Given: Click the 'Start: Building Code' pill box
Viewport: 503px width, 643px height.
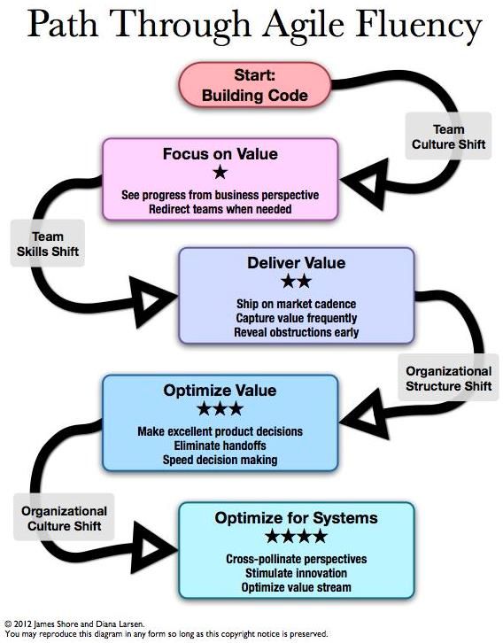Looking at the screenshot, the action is click(x=254, y=85).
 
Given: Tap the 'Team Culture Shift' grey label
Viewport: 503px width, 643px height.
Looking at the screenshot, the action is click(x=448, y=136).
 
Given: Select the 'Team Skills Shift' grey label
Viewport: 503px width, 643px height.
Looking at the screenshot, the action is click(x=48, y=244).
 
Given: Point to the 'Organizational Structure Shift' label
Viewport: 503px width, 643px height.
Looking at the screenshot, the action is click(x=448, y=377).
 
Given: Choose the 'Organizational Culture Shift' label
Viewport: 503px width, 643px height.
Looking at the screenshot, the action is click(x=64, y=518).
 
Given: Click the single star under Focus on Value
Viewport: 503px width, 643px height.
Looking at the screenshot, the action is click(x=221, y=172).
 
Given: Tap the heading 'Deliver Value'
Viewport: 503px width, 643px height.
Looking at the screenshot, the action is click(x=296, y=263).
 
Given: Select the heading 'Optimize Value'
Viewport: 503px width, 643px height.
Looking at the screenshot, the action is click(x=220, y=390).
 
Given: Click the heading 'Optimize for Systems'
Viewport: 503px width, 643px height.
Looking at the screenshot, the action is click(x=296, y=517).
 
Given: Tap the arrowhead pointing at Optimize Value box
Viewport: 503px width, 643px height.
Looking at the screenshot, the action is click(x=364, y=414).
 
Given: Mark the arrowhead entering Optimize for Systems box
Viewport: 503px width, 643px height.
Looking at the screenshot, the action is click(x=154, y=547).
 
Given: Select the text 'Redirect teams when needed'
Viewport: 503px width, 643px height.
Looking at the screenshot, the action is click(x=221, y=209).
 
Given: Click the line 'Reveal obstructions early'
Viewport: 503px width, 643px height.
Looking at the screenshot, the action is click(x=296, y=332).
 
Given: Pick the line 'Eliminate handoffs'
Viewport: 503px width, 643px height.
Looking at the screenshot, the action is click(x=220, y=445).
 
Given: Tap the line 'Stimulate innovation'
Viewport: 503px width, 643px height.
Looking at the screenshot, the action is click(x=296, y=573).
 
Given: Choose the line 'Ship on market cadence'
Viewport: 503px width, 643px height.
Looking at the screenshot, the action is click(x=296, y=304).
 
